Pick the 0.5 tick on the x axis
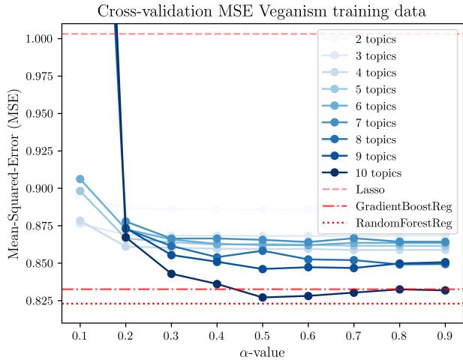[x=261, y=334]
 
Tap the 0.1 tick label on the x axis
[x=80, y=334]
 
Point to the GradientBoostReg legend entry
[x=394, y=205]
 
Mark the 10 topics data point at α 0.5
[x=261, y=298]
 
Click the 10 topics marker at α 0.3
[x=171, y=274]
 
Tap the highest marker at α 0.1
[x=80, y=179]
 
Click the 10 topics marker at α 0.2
[x=125, y=237]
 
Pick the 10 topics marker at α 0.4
[x=216, y=284]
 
